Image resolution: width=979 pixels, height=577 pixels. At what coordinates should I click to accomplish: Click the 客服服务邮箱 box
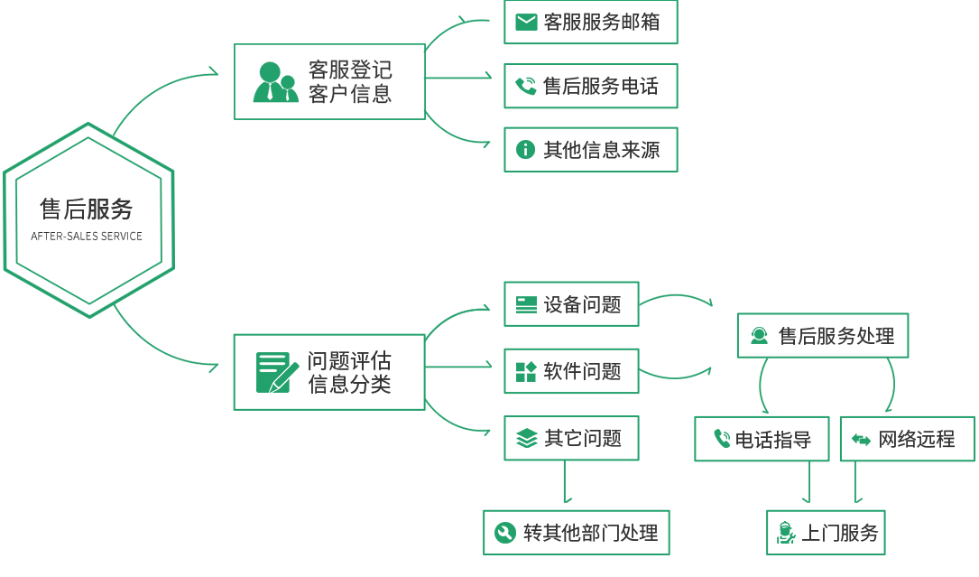coord(591,23)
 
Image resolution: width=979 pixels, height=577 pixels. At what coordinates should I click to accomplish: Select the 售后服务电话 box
coord(591,86)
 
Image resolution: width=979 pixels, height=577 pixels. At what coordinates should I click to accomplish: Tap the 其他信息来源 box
coord(591,150)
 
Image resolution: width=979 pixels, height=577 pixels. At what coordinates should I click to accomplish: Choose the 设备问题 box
coord(571,304)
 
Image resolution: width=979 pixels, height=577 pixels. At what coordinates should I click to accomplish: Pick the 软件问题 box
coord(571,371)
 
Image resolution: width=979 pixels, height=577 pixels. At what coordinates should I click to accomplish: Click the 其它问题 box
coord(571,439)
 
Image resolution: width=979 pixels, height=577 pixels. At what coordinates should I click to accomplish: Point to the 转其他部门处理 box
coord(577,532)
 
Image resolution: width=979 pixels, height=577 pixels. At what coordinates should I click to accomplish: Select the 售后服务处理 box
coord(823,336)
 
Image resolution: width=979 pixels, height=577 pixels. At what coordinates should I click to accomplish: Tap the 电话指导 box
coord(762,440)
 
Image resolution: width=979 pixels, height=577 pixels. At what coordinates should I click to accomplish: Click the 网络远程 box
coord(908,440)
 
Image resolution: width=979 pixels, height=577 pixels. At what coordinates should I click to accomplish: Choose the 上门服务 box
coord(826,533)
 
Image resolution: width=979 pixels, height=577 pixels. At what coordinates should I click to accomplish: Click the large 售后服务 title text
coord(87,209)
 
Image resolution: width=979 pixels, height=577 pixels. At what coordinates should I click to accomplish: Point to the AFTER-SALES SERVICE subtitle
coord(87,237)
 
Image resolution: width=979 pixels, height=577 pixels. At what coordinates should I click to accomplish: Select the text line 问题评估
coord(349,361)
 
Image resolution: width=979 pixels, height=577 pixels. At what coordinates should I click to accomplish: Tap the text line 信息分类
coord(349,384)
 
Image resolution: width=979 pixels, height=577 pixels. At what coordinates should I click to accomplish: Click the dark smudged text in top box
coord(351,82)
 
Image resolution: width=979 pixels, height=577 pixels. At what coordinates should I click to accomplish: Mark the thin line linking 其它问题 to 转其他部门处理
coord(565,483)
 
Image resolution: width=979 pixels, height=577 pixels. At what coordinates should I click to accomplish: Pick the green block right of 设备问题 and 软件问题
coord(677,336)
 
